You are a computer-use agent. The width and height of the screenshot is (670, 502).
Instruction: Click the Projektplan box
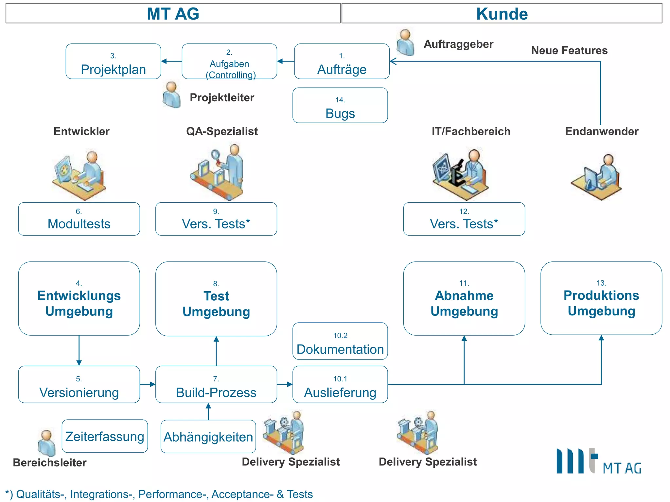(113, 61)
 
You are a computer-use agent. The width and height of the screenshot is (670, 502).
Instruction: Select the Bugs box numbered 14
(340, 105)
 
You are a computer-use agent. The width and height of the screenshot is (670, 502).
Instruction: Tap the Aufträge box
(342, 61)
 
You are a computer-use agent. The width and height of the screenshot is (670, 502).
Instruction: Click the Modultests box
(79, 219)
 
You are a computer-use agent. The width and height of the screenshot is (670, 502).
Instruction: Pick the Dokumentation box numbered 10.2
(340, 341)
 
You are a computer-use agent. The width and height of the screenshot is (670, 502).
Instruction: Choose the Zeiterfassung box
(105, 436)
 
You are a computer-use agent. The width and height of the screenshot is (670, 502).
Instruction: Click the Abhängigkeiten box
(208, 437)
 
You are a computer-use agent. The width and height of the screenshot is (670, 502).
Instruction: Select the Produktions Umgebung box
(601, 298)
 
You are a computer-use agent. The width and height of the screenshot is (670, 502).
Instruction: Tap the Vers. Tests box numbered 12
(464, 219)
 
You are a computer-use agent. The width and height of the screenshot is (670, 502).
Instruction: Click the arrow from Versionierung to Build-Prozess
(148, 384)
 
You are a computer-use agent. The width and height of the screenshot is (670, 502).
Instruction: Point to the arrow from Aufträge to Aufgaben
(286, 61)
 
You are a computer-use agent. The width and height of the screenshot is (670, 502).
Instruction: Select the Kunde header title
(502, 14)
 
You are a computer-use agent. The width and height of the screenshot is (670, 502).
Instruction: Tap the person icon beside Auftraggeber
(405, 42)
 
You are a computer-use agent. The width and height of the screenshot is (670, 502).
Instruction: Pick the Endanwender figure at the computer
(597, 176)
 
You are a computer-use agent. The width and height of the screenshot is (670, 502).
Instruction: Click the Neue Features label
(569, 50)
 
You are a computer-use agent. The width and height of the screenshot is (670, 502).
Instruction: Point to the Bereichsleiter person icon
(46, 443)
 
